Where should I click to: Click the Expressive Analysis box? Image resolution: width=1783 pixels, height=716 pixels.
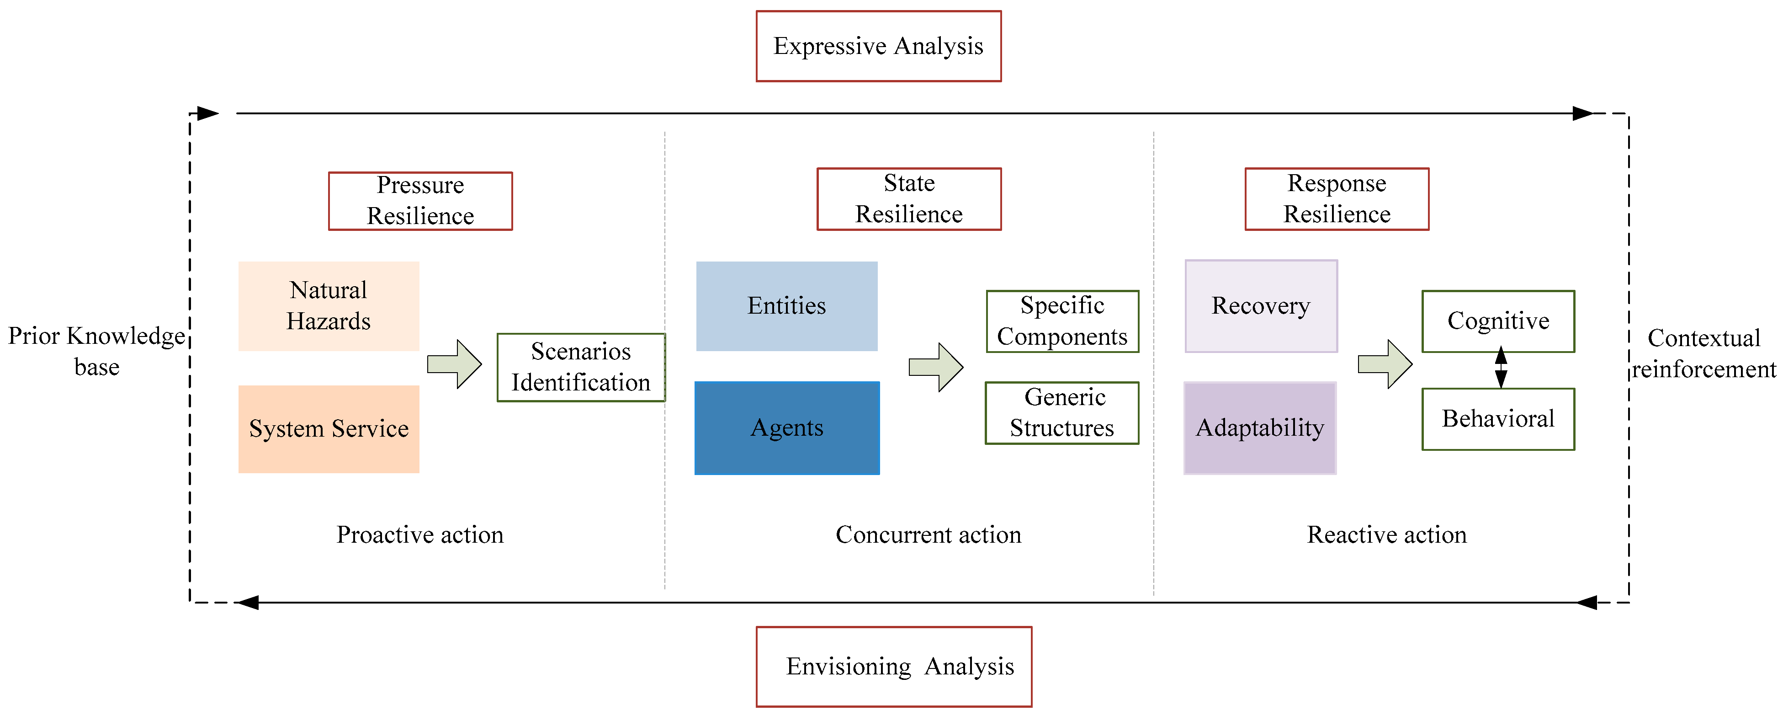(878, 46)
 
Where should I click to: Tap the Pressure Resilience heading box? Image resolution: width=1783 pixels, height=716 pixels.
(420, 201)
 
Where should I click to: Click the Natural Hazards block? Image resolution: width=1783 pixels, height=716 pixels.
(329, 305)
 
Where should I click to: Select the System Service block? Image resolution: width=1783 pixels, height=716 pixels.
(329, 428)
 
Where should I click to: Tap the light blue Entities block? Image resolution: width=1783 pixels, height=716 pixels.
(786, 305)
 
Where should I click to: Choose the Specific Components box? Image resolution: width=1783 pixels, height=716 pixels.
(1062, 321)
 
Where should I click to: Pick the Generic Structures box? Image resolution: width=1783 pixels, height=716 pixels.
(1062, 413)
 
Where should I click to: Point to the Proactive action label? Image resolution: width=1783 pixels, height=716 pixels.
(419, 534)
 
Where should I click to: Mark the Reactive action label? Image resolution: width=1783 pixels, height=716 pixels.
(1386, 534)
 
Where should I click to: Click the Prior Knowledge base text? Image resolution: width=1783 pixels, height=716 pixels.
(96, 351)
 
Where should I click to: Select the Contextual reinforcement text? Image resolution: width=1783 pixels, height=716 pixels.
(1703, 353)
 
